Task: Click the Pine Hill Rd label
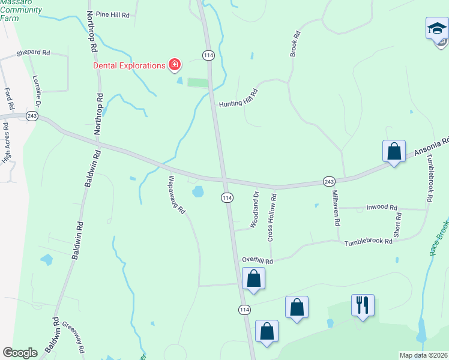click(x=113, y=14)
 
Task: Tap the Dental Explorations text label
click(x=128, y=65)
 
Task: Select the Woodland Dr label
click(x=255, y=209)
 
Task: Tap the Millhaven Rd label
click(x=337, y=208)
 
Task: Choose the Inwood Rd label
click(x=385, y=208)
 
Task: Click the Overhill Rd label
click(x=258, y=261)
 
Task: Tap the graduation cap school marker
click(x=436, y=28)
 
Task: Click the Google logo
click(x=20, y=353)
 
